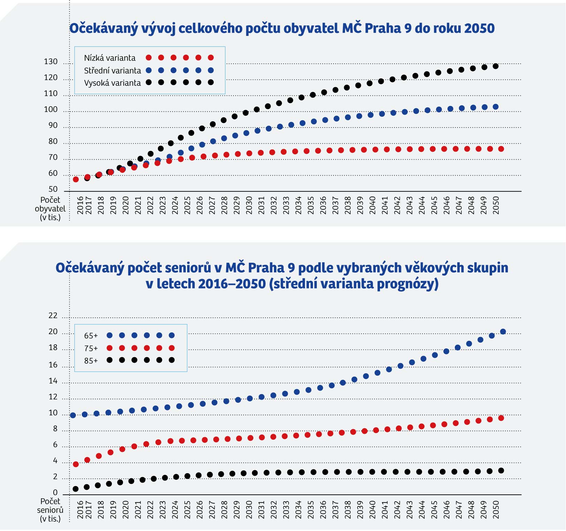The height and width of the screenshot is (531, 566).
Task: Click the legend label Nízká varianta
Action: [110, 58]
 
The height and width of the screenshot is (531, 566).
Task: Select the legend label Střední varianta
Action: [113, 71]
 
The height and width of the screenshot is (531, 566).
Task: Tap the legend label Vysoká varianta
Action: [113, 83]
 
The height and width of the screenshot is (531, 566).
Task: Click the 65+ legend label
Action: [91, 336]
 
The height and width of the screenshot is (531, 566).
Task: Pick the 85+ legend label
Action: [91, 361]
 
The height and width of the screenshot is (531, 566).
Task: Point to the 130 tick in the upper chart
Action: [51, 62]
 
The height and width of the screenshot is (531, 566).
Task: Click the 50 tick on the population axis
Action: [53, 189]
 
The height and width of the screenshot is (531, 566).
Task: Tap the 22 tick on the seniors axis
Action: [53, 316]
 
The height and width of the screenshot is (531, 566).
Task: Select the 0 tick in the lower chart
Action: [55, 493]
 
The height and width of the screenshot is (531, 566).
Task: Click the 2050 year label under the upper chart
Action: [496, 205]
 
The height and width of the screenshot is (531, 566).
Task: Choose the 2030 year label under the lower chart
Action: [249, 510]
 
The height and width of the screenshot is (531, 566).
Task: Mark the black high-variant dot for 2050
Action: [496, 66]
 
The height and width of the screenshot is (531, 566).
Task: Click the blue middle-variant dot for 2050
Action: [496, 107]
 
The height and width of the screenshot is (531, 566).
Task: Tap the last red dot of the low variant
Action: [501, 149]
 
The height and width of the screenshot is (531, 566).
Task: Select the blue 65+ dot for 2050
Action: [503, 332]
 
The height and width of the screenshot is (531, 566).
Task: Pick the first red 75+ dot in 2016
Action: [76, 464]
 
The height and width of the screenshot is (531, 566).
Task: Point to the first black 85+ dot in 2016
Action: [75, 489]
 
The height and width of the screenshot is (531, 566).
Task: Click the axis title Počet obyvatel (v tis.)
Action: [50, 209]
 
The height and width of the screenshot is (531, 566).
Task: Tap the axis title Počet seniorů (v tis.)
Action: [50, 510]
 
